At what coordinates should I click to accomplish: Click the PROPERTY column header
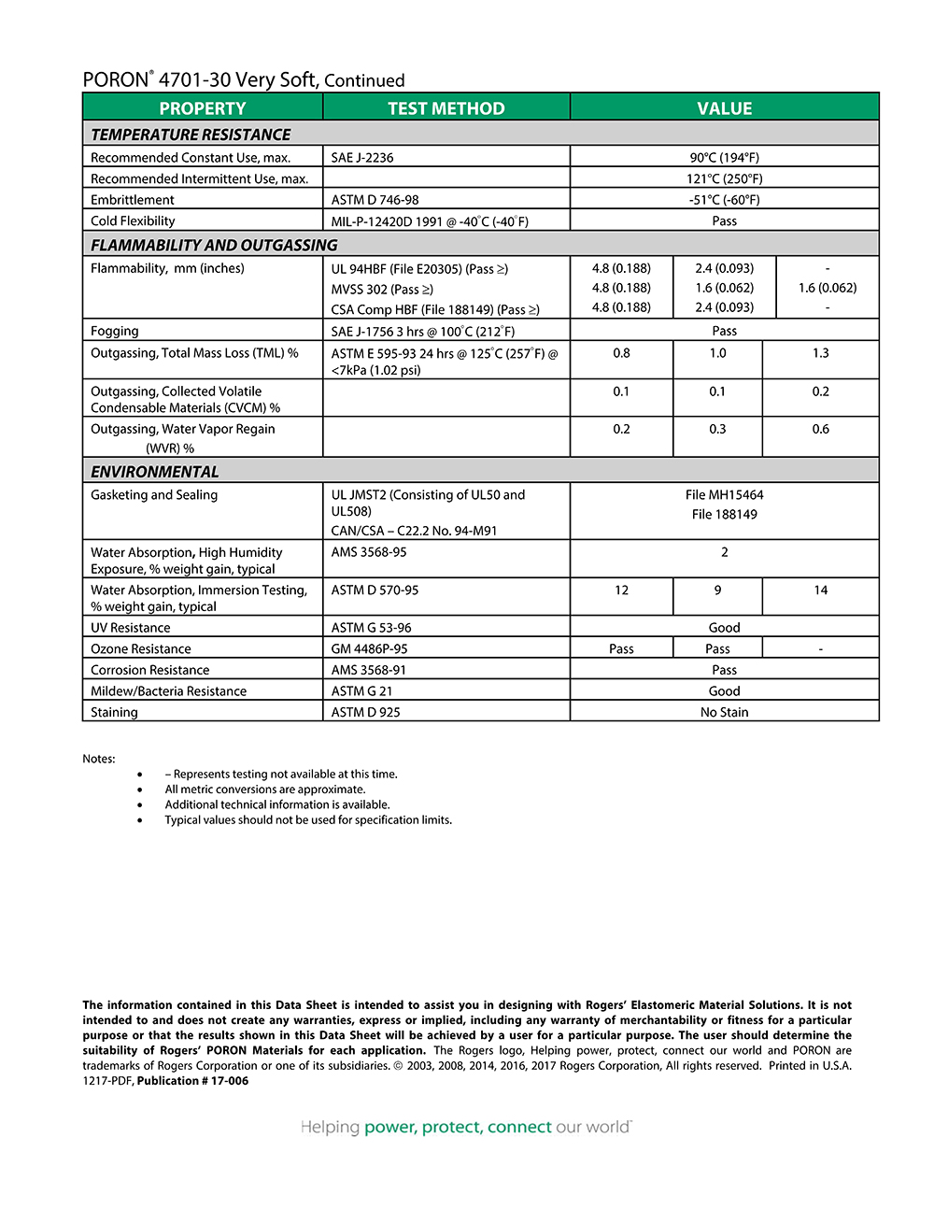202,108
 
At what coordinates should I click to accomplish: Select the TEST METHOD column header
446,108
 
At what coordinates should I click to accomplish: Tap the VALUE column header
724,108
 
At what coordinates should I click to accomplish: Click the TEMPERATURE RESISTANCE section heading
191,135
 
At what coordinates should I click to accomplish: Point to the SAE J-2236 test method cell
362,158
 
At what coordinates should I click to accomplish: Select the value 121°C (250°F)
724,178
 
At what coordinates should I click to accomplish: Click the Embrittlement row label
133,200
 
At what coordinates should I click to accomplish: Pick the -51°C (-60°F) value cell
724,200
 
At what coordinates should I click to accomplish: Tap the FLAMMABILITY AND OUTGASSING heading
214,245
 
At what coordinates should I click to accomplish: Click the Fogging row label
115,331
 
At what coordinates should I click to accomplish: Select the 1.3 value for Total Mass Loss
820,353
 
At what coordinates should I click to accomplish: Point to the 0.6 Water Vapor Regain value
820,429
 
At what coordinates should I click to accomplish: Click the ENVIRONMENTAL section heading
155,472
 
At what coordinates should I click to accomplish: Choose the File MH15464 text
724,495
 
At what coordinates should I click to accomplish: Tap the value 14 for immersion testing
820,590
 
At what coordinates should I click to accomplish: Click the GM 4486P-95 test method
369,649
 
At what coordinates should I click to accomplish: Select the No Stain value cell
724,712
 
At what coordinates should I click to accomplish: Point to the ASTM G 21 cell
361,691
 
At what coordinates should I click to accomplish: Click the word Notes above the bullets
99,759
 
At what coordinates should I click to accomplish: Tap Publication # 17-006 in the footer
192,1081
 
